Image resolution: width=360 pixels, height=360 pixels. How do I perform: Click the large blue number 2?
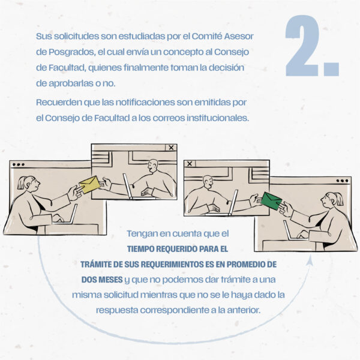click(x=301, y=46)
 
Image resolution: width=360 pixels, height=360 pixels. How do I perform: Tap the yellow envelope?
click(x=89, y=184)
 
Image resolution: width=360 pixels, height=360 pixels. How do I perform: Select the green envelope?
click(x=272, y=201)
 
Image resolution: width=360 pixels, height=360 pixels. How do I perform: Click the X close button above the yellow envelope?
click(x=171, y=148)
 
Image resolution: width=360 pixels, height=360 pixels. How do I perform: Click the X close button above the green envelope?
click(x=190, y=164)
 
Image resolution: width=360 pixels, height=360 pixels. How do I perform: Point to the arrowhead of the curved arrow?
click(x=311, y=260)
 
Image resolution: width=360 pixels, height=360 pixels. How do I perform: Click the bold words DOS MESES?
click(x=102, y=280)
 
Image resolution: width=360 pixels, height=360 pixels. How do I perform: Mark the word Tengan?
click(x=142, y=234)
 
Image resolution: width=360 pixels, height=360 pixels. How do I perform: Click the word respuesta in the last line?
click(x=117, y=310)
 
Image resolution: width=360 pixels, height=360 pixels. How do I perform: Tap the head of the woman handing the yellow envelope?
click(x=29, y=184)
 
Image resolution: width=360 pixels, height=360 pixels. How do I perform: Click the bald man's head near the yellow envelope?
click(x=153, y=166)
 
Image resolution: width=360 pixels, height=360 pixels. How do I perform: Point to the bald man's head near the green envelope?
click(x=208, y=182)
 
